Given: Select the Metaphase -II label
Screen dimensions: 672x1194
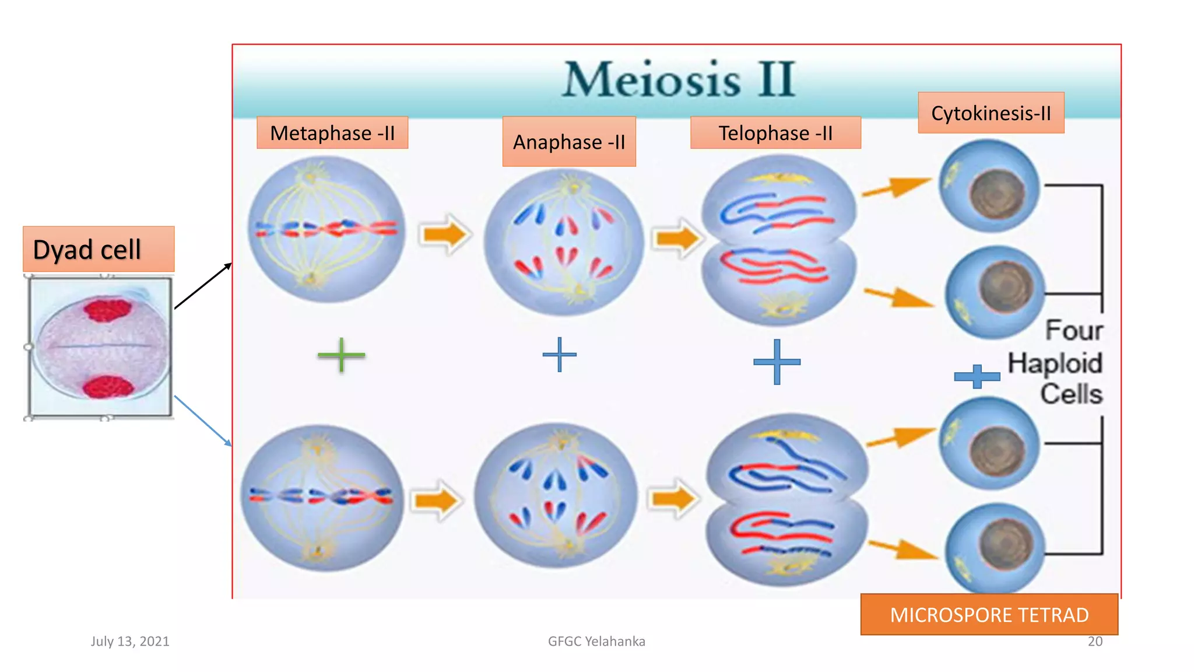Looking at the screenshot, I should tap(332, 133).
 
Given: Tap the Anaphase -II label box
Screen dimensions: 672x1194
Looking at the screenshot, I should tap(569, 142).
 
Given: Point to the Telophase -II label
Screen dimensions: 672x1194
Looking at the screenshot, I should tap(775, 133).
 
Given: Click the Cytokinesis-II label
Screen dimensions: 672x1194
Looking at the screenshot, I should tap(991, 113).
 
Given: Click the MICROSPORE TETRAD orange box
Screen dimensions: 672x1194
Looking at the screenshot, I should tap(989, 615).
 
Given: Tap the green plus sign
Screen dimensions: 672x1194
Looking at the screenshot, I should tap(341, 355).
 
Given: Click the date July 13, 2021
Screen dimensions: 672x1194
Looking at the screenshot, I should tap(130, 641).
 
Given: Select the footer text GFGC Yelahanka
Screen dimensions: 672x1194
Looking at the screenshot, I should tap(596, 641).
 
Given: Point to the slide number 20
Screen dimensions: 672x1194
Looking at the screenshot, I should tap(1095, 641).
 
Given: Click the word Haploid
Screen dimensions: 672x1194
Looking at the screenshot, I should tap(1055, 363).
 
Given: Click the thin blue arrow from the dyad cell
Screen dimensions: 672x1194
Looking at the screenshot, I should tap(202, 420).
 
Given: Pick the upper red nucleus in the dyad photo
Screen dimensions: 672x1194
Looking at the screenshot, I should tap(107, 309).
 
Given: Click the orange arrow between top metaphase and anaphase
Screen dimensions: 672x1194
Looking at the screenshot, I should tap(445, 235).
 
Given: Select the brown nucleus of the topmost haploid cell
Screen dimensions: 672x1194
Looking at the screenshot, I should tap(998, 192).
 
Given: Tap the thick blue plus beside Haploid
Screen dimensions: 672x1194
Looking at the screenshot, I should tap(977, 376).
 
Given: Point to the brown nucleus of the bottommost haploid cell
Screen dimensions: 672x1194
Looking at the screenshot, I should tap(1006, 544).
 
